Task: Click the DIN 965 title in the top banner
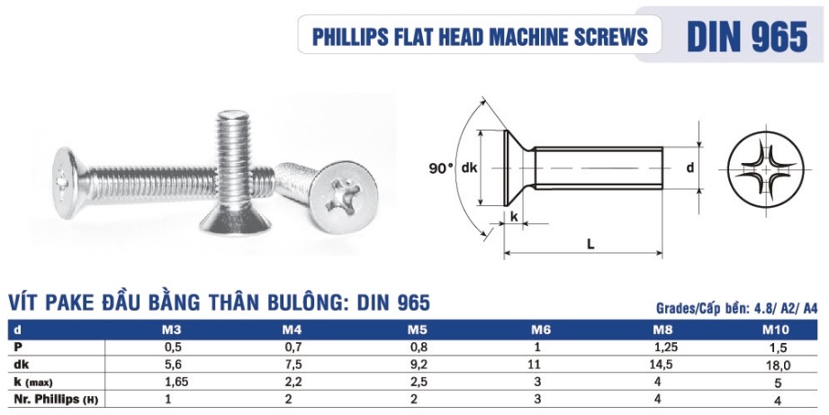click(746, 35)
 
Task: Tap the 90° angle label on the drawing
click(441, 168)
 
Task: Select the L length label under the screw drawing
click(590, 243)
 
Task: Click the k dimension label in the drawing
click(514, 217)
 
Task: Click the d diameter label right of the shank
click(689, 167)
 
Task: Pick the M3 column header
click(170, 330)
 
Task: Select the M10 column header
click(775, 330)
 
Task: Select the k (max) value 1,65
click(170, 382)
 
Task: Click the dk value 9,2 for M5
click(416, 365)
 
